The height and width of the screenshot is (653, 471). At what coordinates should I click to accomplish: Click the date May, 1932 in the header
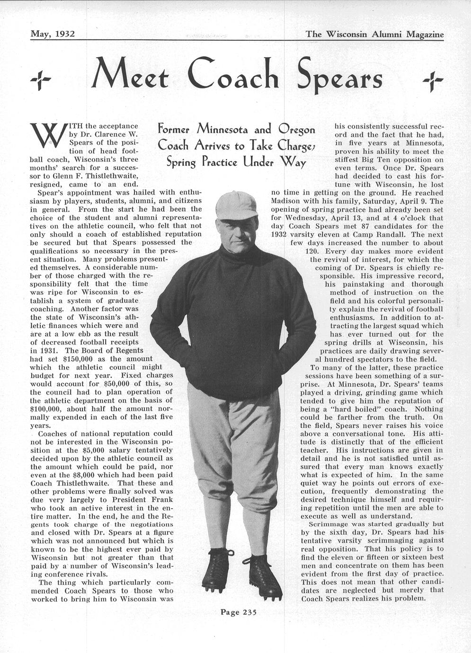(x=53, y=34)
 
